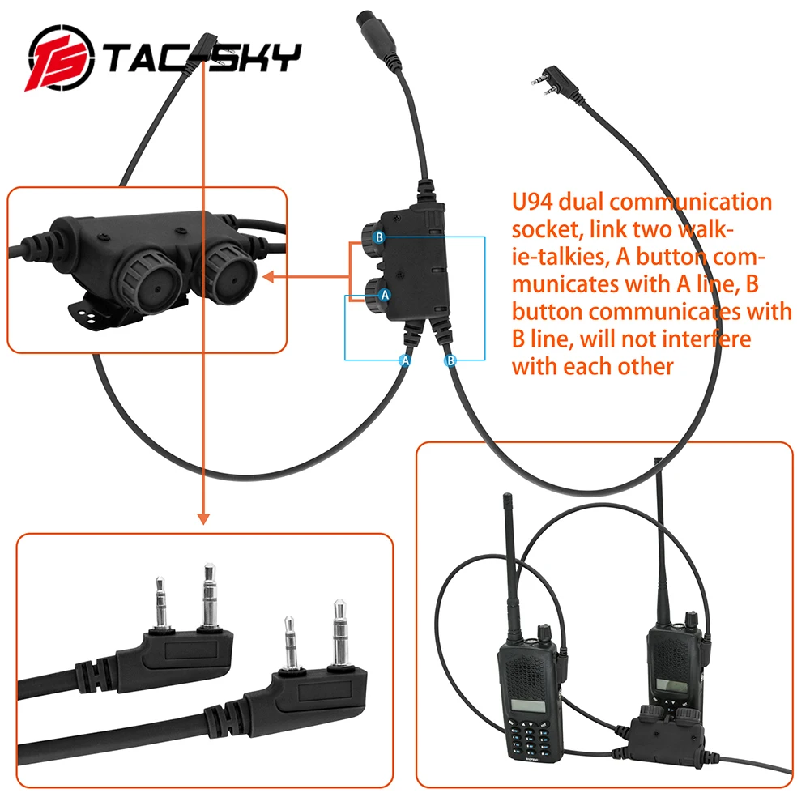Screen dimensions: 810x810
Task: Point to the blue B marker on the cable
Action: click(x=450, y=360)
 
